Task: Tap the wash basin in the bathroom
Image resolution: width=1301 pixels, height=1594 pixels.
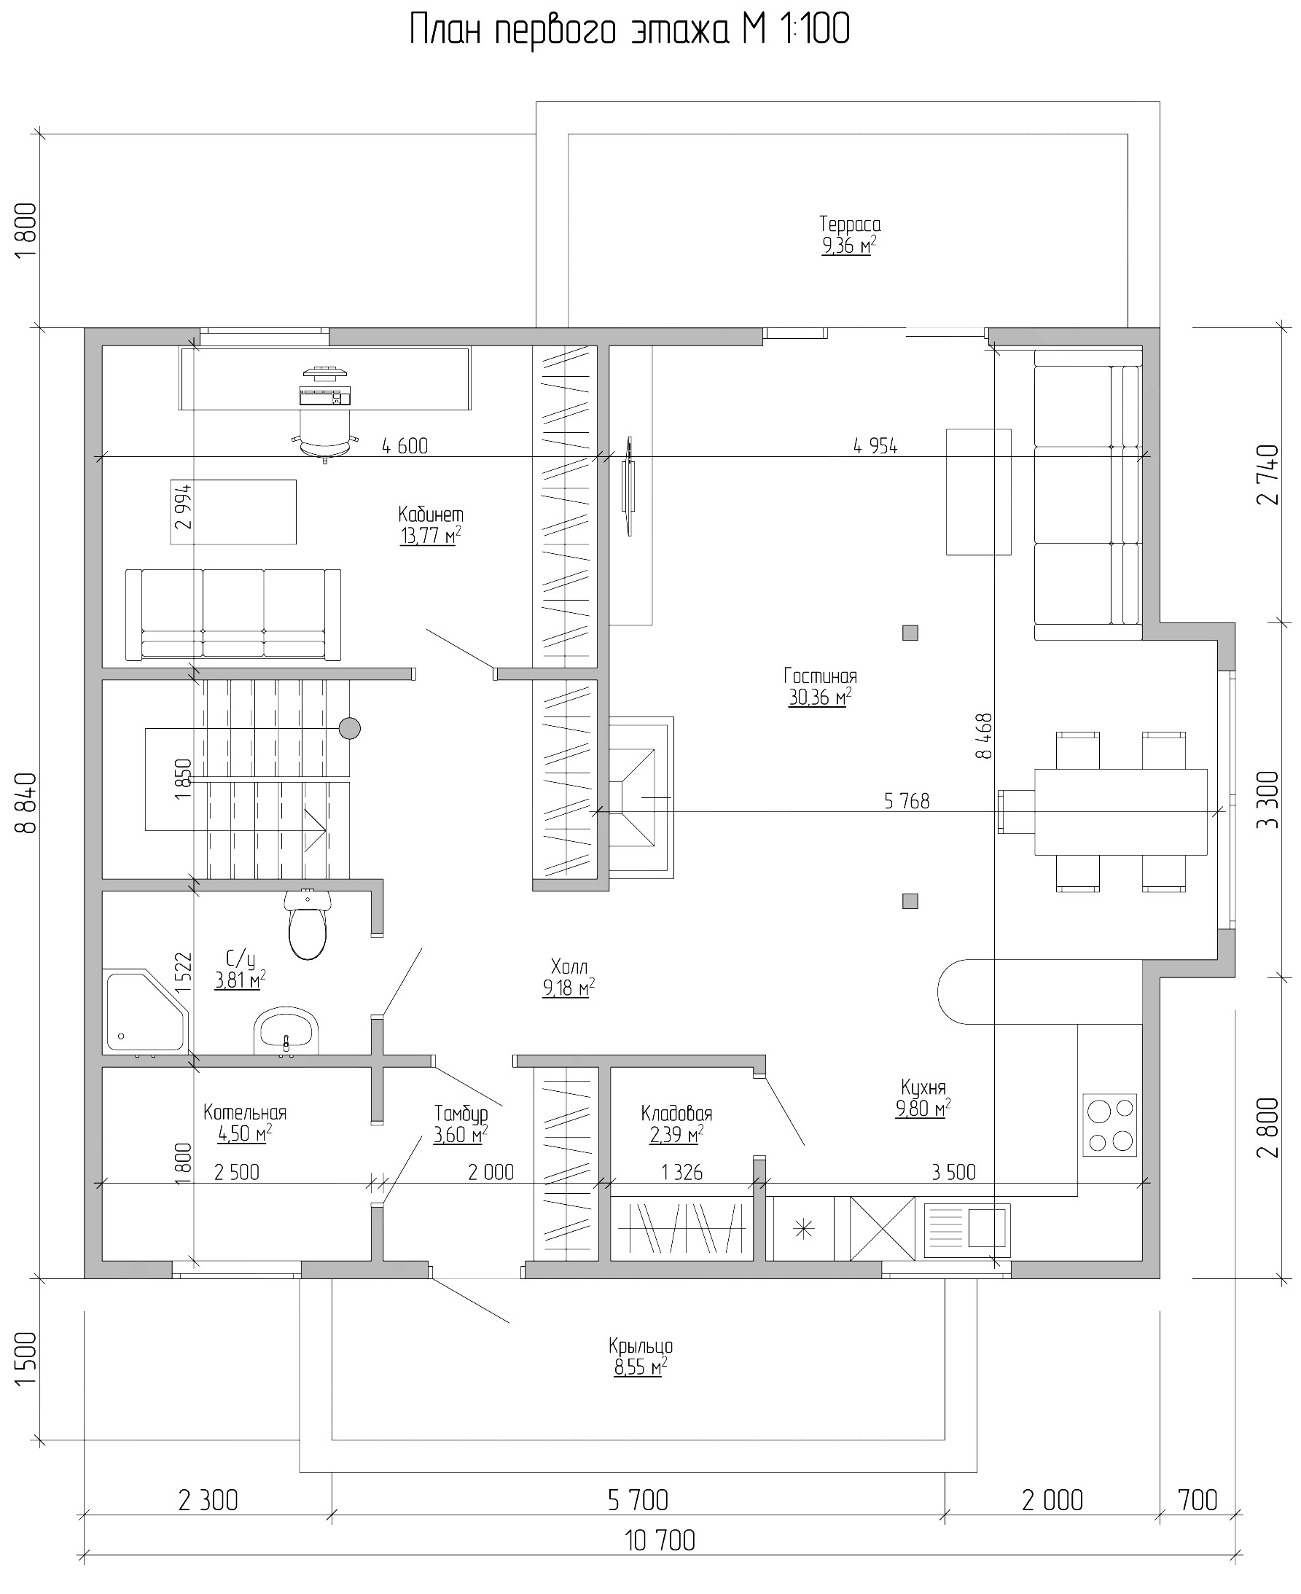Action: pos(286,1031)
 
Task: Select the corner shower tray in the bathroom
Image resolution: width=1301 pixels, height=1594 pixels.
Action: pos(145,1010)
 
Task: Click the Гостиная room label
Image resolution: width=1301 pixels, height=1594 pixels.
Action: pos(821,676)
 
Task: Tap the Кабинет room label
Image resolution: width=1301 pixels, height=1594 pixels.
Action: pos(431,515)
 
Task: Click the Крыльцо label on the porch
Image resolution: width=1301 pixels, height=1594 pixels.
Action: pos(641,1347)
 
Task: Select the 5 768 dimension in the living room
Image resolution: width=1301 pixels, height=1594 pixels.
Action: pos(907,801)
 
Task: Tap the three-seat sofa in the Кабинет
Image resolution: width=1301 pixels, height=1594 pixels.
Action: pos(233,614)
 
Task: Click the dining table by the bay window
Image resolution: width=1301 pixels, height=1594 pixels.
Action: pos(1120,812)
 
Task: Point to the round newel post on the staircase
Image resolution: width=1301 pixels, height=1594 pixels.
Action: pos(349,727)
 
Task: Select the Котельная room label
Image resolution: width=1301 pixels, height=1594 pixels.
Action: pos(245,1113)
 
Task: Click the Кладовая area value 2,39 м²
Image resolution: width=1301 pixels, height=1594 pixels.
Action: pos(676,1136)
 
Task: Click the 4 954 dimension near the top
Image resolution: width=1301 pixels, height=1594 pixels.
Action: pos(875,446)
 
